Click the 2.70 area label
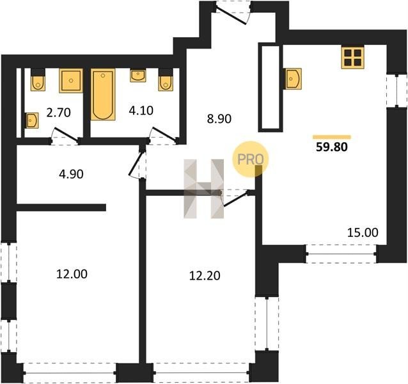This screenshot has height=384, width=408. coord(59,113)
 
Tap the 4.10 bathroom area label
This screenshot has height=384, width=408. coord(141,111)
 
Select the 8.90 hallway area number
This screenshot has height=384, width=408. coord(219,118)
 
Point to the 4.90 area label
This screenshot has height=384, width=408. coord(71,174)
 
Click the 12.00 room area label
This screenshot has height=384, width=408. coord(72,274)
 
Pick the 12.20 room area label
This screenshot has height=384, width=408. coord(205,276)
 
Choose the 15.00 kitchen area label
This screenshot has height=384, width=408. coord(363,232)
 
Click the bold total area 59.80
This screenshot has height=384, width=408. coord(332,147)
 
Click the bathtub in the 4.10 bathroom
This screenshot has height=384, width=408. coord(103,94)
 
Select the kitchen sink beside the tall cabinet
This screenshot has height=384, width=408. coord(294,79)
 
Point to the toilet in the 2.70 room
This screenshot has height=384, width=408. coord(38,79)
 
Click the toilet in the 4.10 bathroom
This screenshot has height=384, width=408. coord(166,79)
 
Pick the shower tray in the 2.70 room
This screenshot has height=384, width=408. coord(71,81)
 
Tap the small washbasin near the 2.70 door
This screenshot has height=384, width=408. coord(32,120)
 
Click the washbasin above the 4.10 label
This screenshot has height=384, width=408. coord(138,76)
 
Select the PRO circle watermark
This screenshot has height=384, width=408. coord(250,159)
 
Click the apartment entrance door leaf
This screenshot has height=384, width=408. coord(231,16)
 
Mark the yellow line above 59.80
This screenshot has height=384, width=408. coord(332,137)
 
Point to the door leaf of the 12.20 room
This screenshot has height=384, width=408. coord(235,200)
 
